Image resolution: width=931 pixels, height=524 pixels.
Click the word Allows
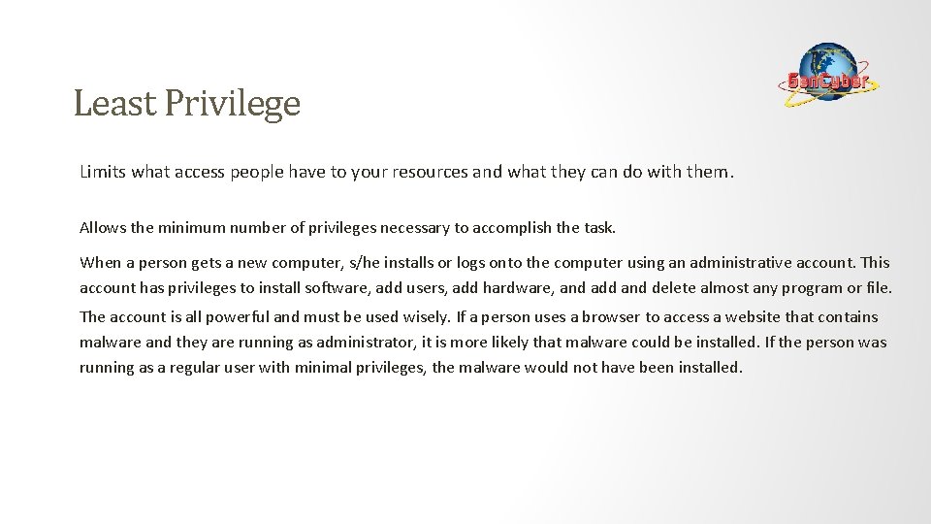point(102,228)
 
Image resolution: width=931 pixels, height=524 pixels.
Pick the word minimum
point(188,228)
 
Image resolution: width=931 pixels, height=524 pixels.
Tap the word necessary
point(413,228)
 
